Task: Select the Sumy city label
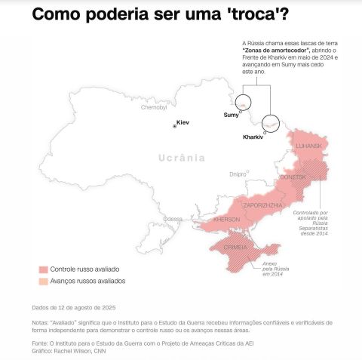[x=231, y=115]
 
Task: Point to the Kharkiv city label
[x=253, y=137]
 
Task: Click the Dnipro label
[x=238, y=174]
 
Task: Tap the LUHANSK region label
[x=309, y=145]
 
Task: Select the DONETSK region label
[x=293, y=177]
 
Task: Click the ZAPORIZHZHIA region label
[x=263, y=205]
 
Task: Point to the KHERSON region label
[x=227, y=220]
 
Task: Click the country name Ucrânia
[x=182, y=158]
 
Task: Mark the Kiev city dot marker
[x=175, y=127]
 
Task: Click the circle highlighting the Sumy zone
[x=244, y=104]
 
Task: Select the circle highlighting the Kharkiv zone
[x=270, y=122]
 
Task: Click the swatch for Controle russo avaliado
[x=44, y=269]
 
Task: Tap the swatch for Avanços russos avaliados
[x=44, y=281]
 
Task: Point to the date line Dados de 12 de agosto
[x=73, y=307]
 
